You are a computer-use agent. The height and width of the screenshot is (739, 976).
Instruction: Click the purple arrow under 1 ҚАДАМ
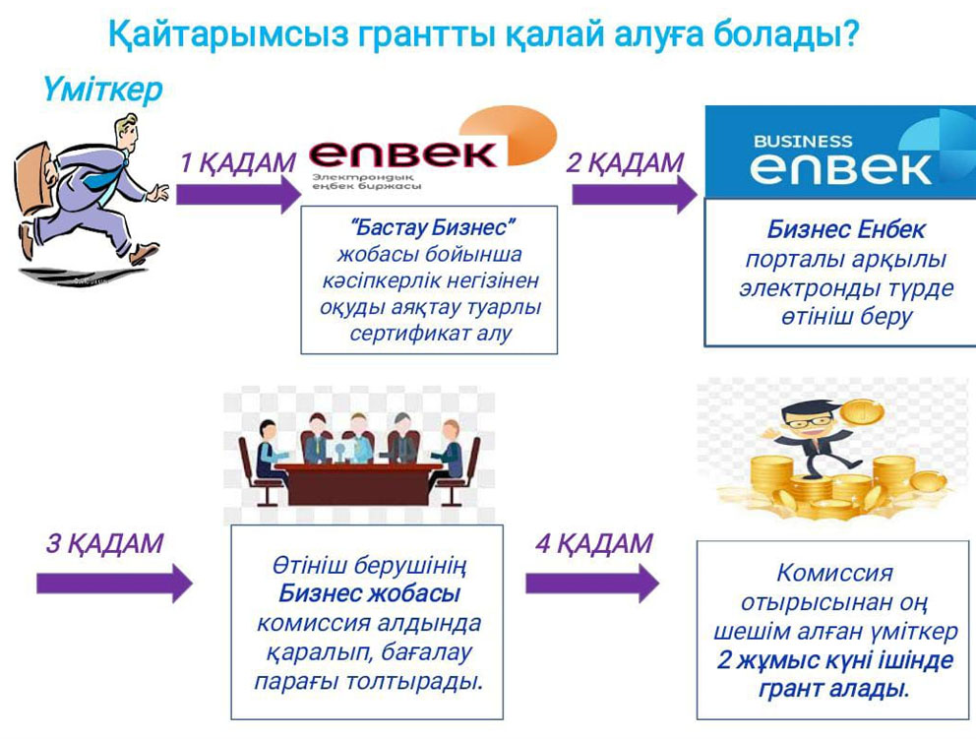pyautogui.click(x=238, y=194)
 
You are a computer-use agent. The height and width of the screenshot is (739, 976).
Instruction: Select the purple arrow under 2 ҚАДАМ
pyautogui.click(x=635, y=194)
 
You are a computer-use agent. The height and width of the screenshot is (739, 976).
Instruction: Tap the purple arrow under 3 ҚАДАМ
pyautogui.click(x=114, y=584)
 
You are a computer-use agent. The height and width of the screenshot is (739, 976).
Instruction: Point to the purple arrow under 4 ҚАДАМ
pyautogui.click(x=592, y=584)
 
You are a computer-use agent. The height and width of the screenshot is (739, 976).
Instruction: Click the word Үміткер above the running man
pyautogui.click(x=102, y=89)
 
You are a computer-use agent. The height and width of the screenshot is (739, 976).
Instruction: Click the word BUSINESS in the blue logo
pyautogui.click(x=802, y=142)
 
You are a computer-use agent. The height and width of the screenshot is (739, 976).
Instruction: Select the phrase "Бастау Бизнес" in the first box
pyautogui.click(x=431, y=228)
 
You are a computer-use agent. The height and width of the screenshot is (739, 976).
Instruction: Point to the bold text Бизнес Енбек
pyautogui.click(x=846, y=229)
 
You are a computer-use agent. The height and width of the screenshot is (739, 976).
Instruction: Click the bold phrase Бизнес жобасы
pyautogui.click(x=369, y=593)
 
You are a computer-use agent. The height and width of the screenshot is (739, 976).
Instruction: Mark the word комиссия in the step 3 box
pyautogui.click(x=303, y=623)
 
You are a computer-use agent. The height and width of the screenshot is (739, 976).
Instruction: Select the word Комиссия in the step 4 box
pyautogui.click(x=834, y=573)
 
